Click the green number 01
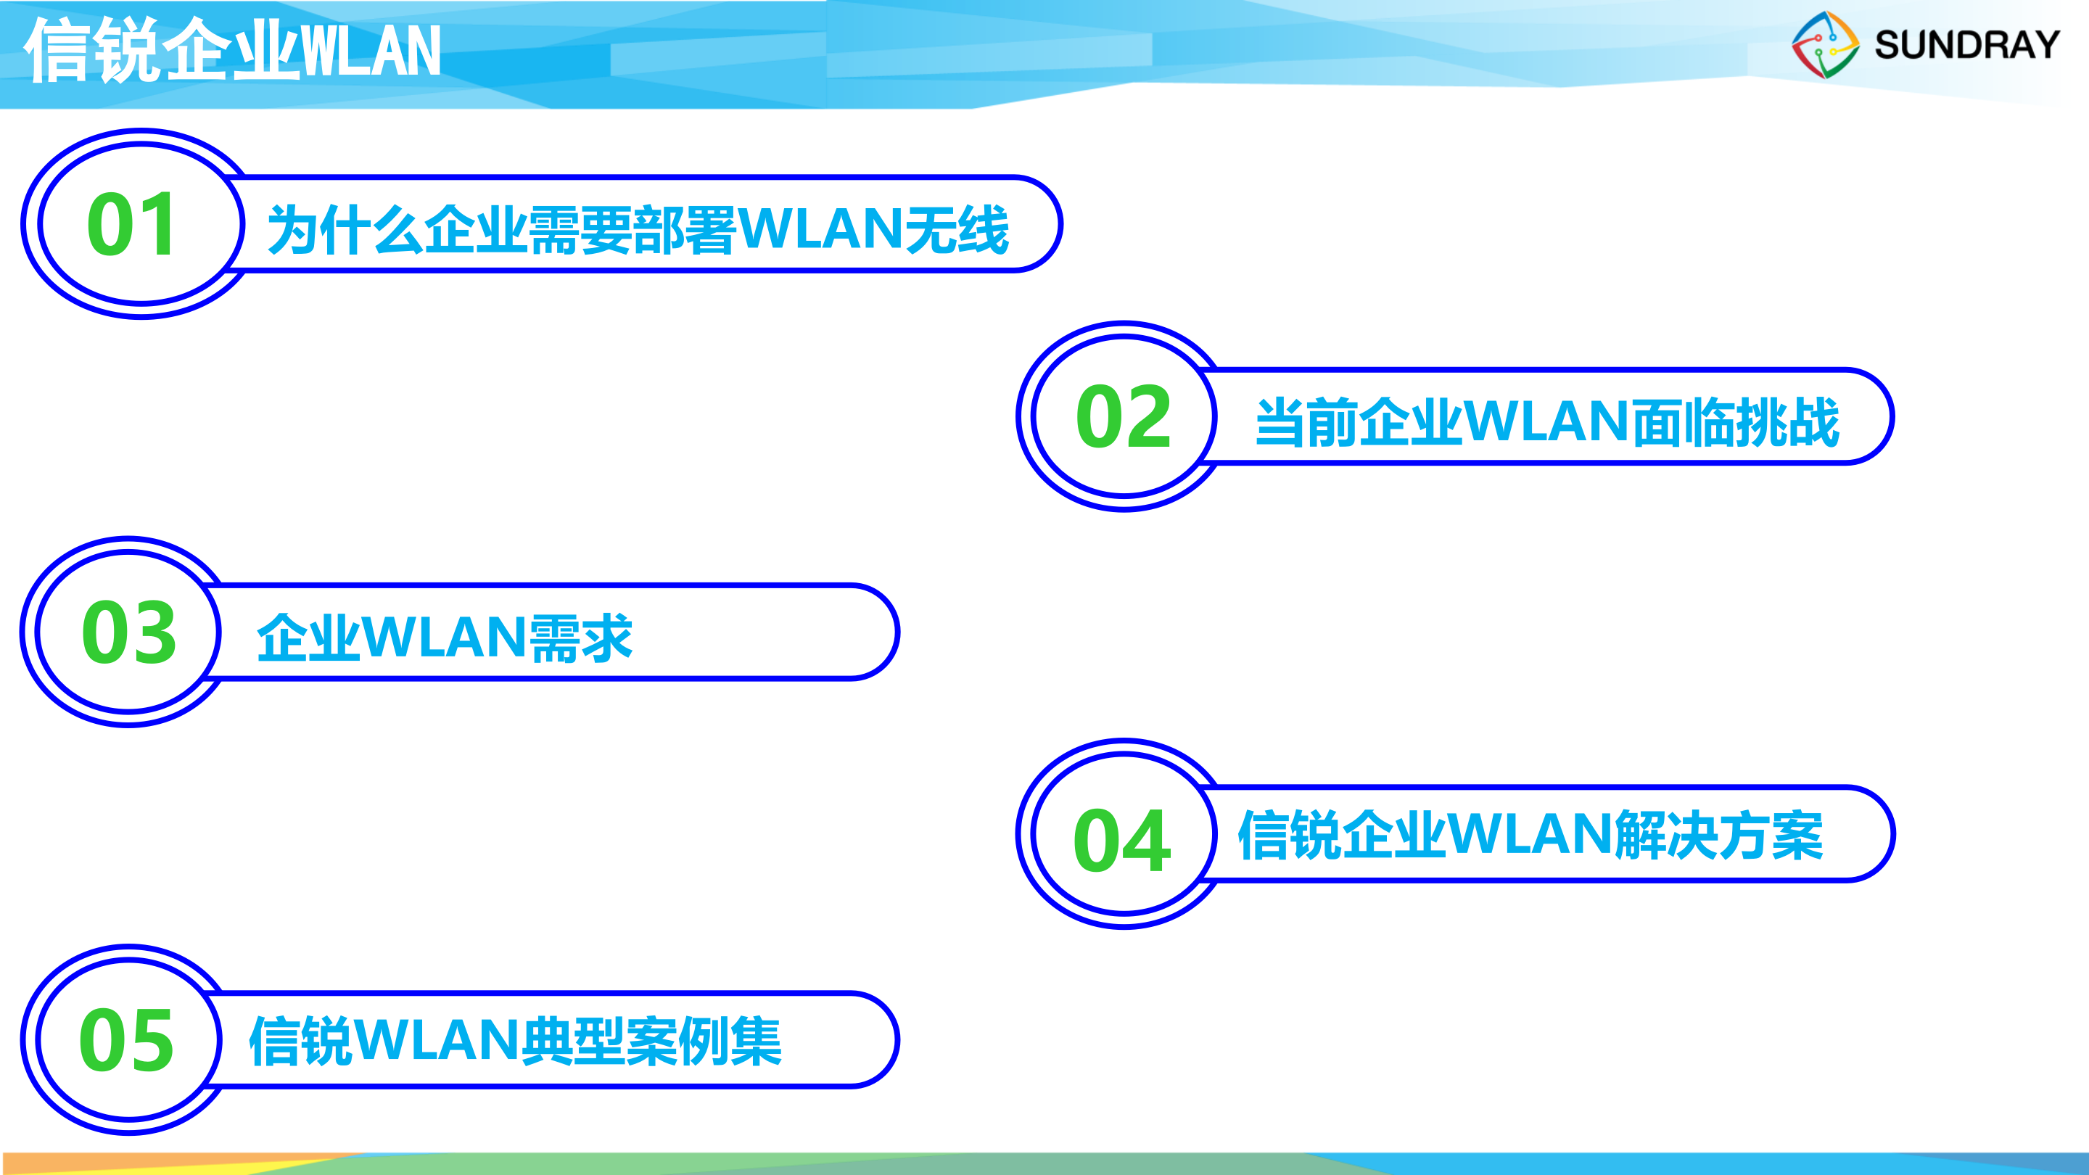[131, 225]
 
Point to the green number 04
[1122, 841]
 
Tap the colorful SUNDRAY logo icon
[1826, 46]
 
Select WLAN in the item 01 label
[819, 228]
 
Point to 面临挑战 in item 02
[1736, 421]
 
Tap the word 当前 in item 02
[1306, 421]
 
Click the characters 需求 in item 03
[580, 638]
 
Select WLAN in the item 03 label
[445, 637]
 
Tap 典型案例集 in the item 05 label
[651, 1042]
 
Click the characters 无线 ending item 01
[957, 229]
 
